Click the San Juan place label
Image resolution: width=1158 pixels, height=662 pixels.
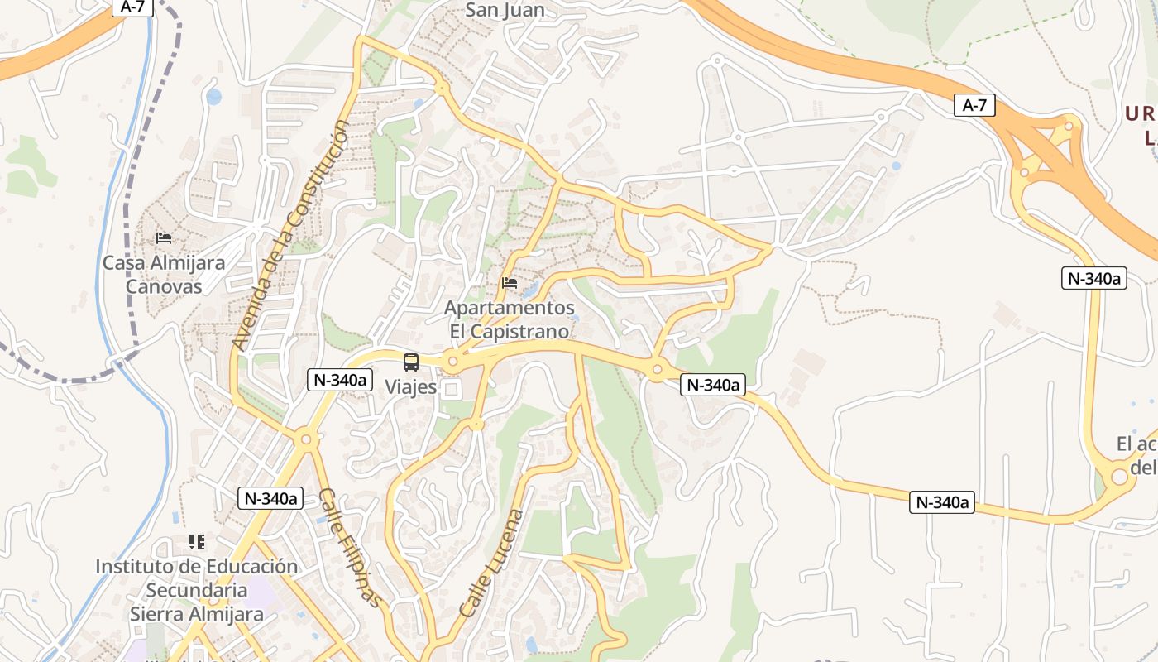click(505, 10)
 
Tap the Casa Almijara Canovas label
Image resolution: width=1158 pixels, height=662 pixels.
click(164, 275)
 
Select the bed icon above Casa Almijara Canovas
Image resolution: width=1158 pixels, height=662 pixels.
click(164, 238)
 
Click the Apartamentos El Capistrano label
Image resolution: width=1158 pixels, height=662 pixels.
click(510, 319)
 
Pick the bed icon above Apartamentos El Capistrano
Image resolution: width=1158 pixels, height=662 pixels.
click(510, 283)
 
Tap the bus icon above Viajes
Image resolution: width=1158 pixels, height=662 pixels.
click(411, 362)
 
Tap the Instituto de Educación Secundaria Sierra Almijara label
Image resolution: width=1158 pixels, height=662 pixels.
click(197, 590)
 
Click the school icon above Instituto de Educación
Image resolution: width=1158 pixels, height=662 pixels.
click(197, 542)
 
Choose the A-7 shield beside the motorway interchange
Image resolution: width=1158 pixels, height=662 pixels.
click(974, 105)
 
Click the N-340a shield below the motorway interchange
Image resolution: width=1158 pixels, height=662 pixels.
click(1094, 278)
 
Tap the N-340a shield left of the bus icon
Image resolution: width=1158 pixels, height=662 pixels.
click(339, 380)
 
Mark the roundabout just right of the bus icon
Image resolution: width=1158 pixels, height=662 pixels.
click(452, 362)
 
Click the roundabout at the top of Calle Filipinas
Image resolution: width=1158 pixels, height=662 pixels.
click(305, 439)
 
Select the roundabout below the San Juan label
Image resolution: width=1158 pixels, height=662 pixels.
click(442, 87)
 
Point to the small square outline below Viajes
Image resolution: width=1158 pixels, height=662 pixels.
click(452, 388)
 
